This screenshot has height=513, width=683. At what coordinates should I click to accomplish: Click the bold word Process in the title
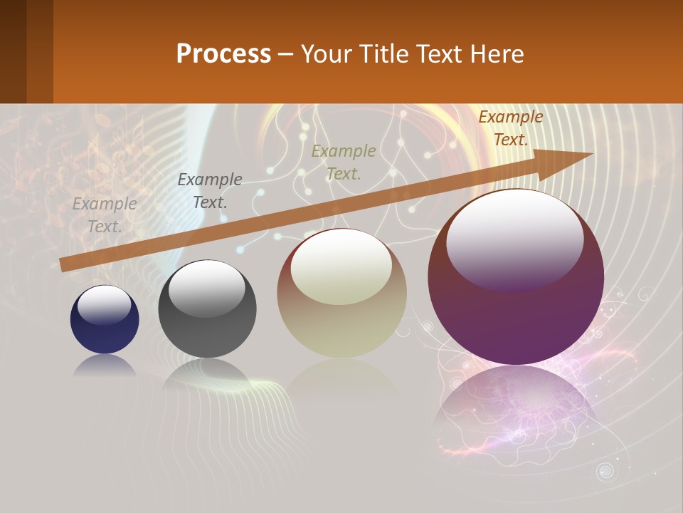[223, 53]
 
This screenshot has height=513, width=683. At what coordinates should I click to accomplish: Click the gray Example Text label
[105, 215]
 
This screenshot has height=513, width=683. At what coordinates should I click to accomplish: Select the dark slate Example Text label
[210, 191]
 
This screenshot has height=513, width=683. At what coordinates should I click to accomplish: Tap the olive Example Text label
[344, 162]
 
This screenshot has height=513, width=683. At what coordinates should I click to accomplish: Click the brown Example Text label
[511, 128]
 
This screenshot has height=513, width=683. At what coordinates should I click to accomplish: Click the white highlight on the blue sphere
[104, 305]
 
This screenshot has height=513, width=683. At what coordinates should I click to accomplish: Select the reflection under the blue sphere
[105, 366]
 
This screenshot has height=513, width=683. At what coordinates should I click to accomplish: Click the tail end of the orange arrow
[65, 264]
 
